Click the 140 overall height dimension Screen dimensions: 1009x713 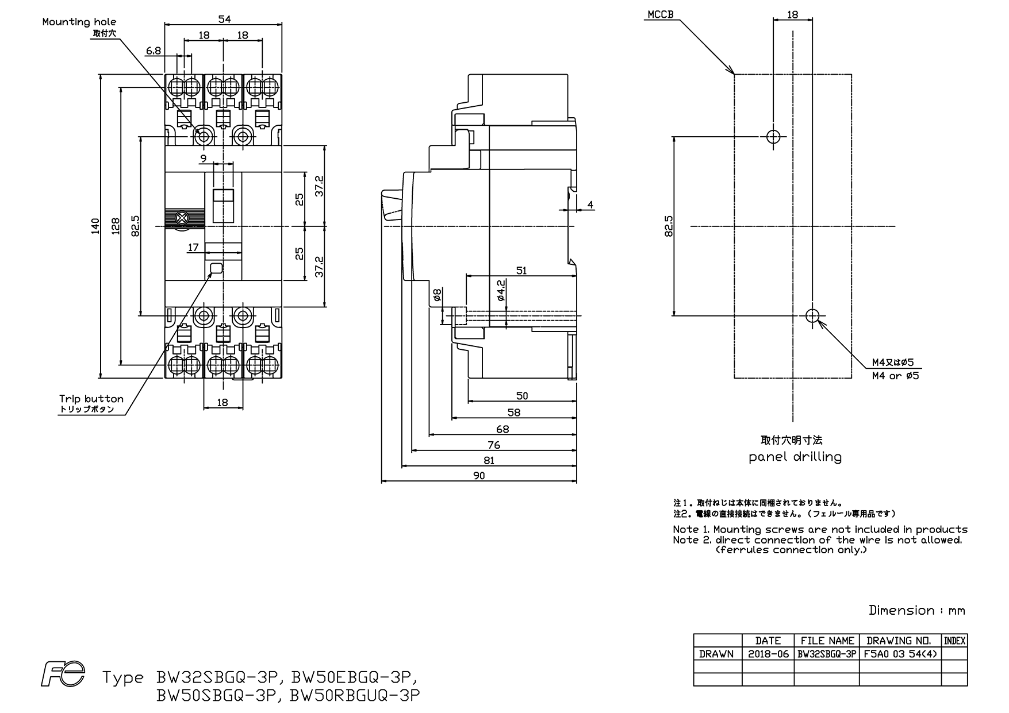point(95,226)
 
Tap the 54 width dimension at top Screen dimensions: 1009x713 point(224,19)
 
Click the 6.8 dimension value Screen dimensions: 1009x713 point(154,51)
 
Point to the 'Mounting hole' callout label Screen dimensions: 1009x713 point(79,22)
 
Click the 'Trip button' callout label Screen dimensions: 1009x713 point(91,398)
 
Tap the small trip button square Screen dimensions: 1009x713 point(216,268)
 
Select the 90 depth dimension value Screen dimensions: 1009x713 point(479,475)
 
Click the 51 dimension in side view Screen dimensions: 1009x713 point(521,271)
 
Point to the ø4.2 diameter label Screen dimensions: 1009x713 point(501,290)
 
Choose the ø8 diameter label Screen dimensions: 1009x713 point(437,295)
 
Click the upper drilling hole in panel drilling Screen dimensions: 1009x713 point(773,137)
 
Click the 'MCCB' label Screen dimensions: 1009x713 point(660,14)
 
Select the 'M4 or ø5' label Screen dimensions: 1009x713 point(896,376)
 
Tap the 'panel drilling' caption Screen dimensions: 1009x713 point(795,457)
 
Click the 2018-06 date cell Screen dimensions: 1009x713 point(768,653)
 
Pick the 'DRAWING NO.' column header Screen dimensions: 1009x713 point(900,641)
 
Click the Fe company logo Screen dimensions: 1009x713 point(63,673)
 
